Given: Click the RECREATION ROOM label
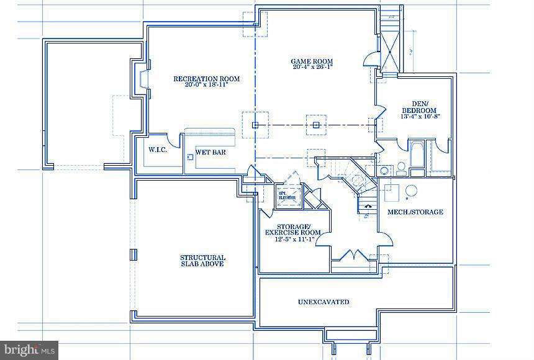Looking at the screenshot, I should click(206, 79).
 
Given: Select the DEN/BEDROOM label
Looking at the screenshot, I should click(421, 107).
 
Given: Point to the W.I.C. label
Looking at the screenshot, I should click(158, 150).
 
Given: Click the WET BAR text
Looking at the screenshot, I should click(210, 151).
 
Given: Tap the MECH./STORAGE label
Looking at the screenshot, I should click(415, 212).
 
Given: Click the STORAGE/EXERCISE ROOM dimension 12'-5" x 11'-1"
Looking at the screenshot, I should click(290, 239).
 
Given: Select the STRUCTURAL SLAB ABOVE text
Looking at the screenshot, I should click(202, 261).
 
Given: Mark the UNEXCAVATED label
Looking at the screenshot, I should click(323, 302).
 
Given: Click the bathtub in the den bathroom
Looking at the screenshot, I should click(417, 152).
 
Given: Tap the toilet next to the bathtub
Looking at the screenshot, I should click(401, 168).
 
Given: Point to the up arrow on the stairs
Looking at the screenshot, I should click(367, 205).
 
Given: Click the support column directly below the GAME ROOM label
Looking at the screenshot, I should click(316, 125).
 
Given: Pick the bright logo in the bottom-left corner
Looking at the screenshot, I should click(29, 350).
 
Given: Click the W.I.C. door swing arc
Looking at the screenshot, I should click(176, 142).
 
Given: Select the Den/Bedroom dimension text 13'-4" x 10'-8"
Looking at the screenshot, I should click(421, 116).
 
